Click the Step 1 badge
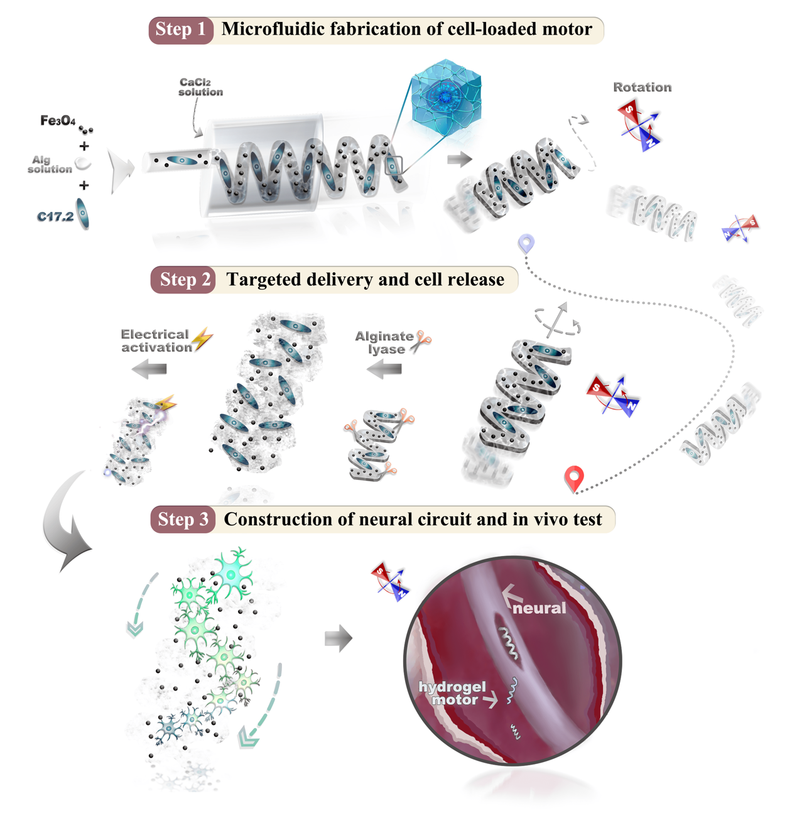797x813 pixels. point(181,30)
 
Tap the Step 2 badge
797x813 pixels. point(183,280)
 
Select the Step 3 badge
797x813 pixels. point(183,520)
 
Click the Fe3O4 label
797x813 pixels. point(58,120)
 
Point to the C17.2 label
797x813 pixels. point(55,217)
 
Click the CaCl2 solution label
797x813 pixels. point(200,87)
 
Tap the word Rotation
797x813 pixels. point(642,87)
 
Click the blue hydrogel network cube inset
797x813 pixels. point(446,97)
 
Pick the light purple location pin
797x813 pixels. point(526,243)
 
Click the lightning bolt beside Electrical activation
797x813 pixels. point(202,339)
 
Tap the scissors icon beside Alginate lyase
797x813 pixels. point(421,341)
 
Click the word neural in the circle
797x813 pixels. point(539,608)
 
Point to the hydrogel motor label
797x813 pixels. point(453,693)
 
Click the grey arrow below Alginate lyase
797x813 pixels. point(384,371)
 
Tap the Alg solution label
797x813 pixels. point(50,165)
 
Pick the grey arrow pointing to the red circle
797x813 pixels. point(339,639)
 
